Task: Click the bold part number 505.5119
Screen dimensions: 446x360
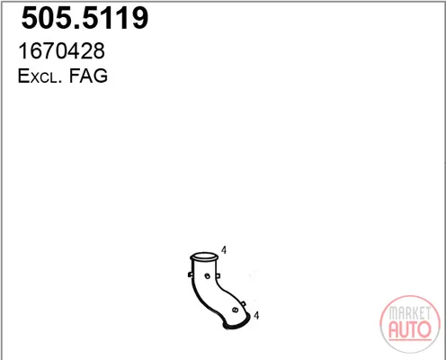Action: [x=85, y=18]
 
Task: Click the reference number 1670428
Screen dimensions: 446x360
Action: [x=61, y=50]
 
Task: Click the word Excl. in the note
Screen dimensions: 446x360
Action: [x=40, y=76]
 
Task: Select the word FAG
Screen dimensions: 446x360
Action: [x=88, y=76]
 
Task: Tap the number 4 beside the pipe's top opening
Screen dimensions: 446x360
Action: [x=224, y=249]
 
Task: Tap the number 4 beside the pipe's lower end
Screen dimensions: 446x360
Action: [x=256, y=315]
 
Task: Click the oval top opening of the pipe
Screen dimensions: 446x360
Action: [x=203, y=256]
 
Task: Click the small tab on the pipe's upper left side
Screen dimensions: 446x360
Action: [x=190, y=274]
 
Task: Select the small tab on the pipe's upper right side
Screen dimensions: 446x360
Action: [x=218, y=275]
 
